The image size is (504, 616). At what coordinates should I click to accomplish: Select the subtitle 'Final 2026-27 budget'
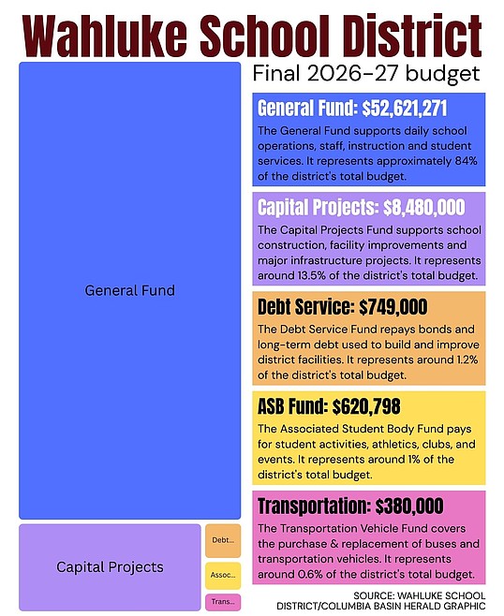[x=366, y=73]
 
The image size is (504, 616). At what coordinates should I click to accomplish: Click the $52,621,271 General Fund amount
[x=404, y=108]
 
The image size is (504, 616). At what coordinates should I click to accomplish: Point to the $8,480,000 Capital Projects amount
[x=423, y=208]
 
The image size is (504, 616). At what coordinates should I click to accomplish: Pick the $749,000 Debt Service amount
[x=393, y=307]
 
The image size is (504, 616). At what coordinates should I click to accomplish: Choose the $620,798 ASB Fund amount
[x=366, y=406]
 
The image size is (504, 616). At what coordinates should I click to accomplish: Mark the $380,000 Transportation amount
[x=409, y=506]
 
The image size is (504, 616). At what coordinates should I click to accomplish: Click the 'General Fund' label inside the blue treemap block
[x=129, y=291]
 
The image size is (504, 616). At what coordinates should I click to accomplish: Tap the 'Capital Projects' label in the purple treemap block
[x=110, y=567]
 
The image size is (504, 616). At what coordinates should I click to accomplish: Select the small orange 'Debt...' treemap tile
[x=223, y=540]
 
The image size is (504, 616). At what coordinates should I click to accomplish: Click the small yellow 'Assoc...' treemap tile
[x=223, y=576]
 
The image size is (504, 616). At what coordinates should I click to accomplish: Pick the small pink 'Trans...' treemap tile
[x=223, y=602]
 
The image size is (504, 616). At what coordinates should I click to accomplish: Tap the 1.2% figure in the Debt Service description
[x=467, y=359]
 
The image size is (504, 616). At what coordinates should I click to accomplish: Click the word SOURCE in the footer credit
[x=374, y=595]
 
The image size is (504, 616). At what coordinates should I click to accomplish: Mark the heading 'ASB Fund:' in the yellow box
[x=293, y=406]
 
